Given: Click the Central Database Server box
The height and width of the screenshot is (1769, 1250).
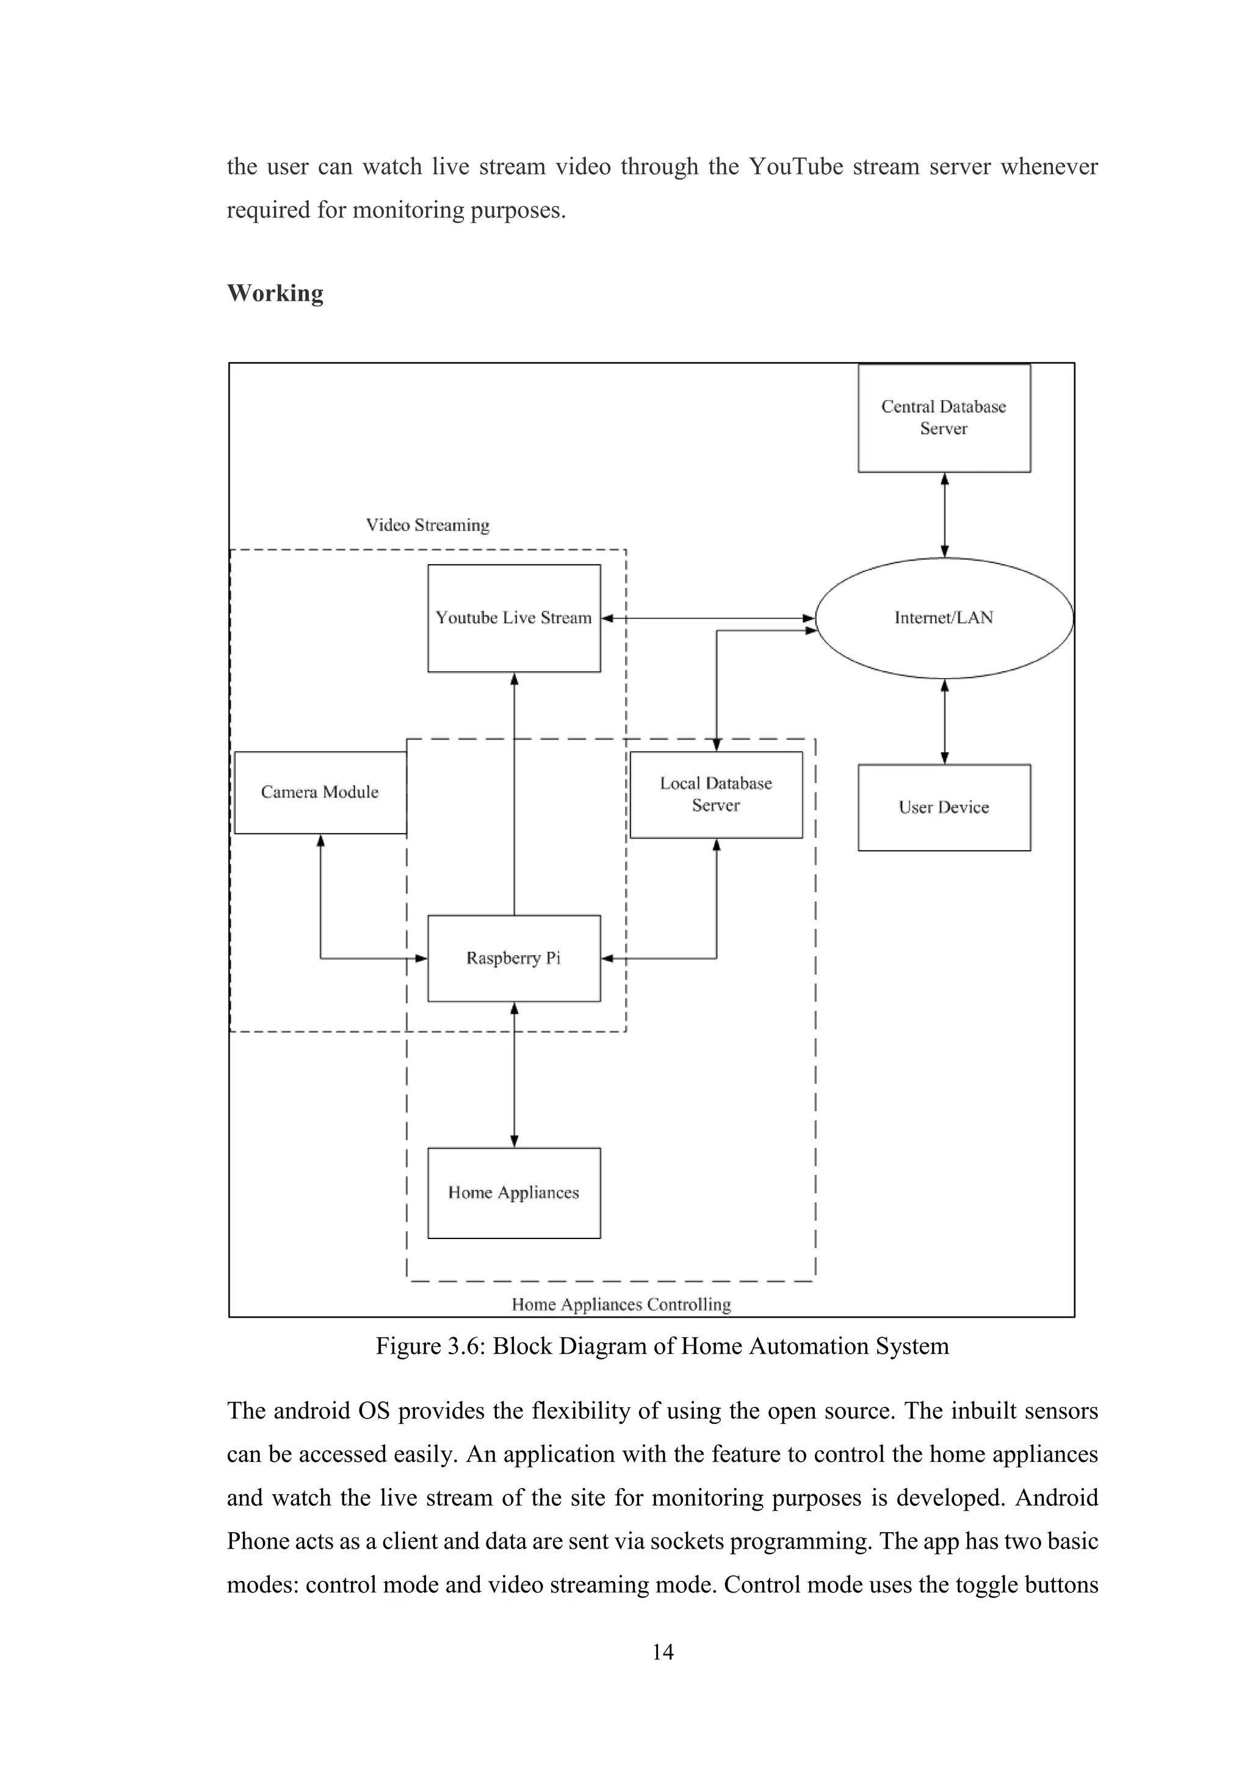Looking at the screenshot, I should (944, 418).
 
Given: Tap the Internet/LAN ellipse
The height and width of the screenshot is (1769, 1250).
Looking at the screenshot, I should (944, 618).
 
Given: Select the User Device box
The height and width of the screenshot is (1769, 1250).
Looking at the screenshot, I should (944, 807).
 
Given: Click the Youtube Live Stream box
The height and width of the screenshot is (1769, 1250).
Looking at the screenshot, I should (514, 618).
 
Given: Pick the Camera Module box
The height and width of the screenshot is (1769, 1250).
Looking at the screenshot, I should (320, 792).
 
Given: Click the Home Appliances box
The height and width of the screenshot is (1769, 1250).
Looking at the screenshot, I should (514, 1193).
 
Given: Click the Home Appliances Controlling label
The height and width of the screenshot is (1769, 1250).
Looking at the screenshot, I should (621, 1304).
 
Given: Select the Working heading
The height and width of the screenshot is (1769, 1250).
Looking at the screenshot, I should (275, 292).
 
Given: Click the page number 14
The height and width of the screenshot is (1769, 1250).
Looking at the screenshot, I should (662, 1651).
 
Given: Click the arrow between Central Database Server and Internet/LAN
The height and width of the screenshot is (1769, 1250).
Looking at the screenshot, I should (945, 515).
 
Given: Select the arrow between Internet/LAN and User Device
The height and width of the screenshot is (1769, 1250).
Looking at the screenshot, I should (945, 721).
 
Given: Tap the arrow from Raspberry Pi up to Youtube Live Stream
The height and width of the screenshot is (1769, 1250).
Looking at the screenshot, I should (515, 794).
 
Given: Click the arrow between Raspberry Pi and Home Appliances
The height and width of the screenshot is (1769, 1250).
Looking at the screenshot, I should (515, 1075).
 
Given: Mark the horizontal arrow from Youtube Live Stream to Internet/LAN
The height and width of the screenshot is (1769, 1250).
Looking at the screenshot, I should (709, 618).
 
